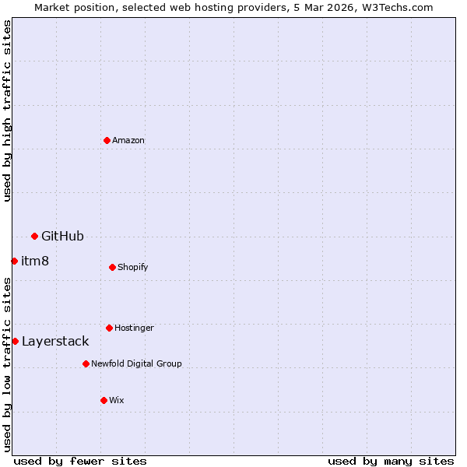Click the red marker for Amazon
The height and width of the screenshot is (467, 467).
[107, 140]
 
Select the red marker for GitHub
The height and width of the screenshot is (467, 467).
[34, 236]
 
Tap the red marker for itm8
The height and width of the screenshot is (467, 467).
[14, 261]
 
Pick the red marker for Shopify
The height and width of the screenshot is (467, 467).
[112, 267]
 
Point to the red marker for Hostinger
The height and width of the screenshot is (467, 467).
[109, 328]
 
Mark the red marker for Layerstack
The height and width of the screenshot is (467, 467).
[15, 341]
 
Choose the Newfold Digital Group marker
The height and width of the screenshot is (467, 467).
[86, 363]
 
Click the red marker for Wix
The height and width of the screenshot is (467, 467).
[104, 400]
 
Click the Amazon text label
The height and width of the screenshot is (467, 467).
[128, 140]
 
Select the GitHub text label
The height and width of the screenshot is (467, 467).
[62, 236]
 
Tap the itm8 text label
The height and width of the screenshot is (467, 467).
[35, 261]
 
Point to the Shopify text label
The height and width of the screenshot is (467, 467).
[133, 267]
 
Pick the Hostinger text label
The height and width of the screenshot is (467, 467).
[134, 328]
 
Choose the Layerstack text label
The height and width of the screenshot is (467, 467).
[55, 341]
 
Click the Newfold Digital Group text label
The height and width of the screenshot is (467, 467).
[136, 363]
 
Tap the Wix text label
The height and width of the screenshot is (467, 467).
[117, 400]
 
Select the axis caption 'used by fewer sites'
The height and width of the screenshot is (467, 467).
[80, 461]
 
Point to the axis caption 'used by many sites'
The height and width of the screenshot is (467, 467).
[391, 461]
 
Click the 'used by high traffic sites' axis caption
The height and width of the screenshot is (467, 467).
[7, 111]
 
